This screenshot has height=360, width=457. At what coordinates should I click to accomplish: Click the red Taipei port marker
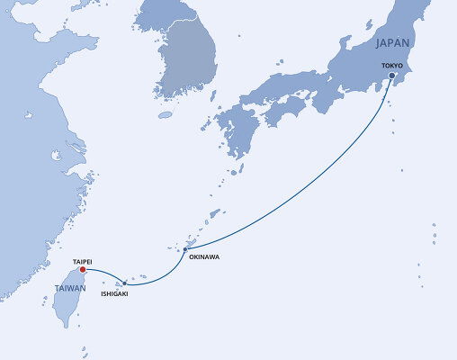point(82,269)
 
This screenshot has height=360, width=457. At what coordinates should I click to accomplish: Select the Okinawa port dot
point(184,248)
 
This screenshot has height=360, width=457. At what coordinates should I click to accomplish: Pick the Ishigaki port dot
point(125,283)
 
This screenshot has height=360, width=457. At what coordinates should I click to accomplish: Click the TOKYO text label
point(393,66)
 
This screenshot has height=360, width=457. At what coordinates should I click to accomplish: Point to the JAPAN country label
point(393,43)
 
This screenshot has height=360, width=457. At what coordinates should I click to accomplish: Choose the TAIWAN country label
point(70,288)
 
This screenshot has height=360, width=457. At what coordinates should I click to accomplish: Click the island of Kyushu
point(235,135)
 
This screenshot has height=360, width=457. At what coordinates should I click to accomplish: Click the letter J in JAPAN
point(377,43)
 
